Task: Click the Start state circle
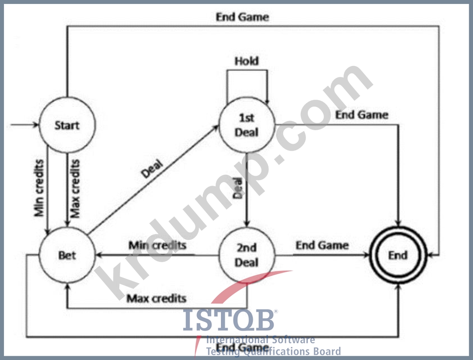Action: [67, 125]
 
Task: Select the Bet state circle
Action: [67, 255]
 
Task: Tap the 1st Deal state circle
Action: [246, 125]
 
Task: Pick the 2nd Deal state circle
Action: [246, 255]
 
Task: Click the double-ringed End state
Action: [398, 255]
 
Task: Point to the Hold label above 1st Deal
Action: [246, 61]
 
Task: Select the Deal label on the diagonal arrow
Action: [152, 169]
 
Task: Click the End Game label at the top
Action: [242, 17]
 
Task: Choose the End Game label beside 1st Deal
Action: [362, 115]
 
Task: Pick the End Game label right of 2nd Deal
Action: [322, 245]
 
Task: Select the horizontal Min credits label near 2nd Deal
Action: [157, 245]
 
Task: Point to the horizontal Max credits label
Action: [157, 299]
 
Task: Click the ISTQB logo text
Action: [229, 320]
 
